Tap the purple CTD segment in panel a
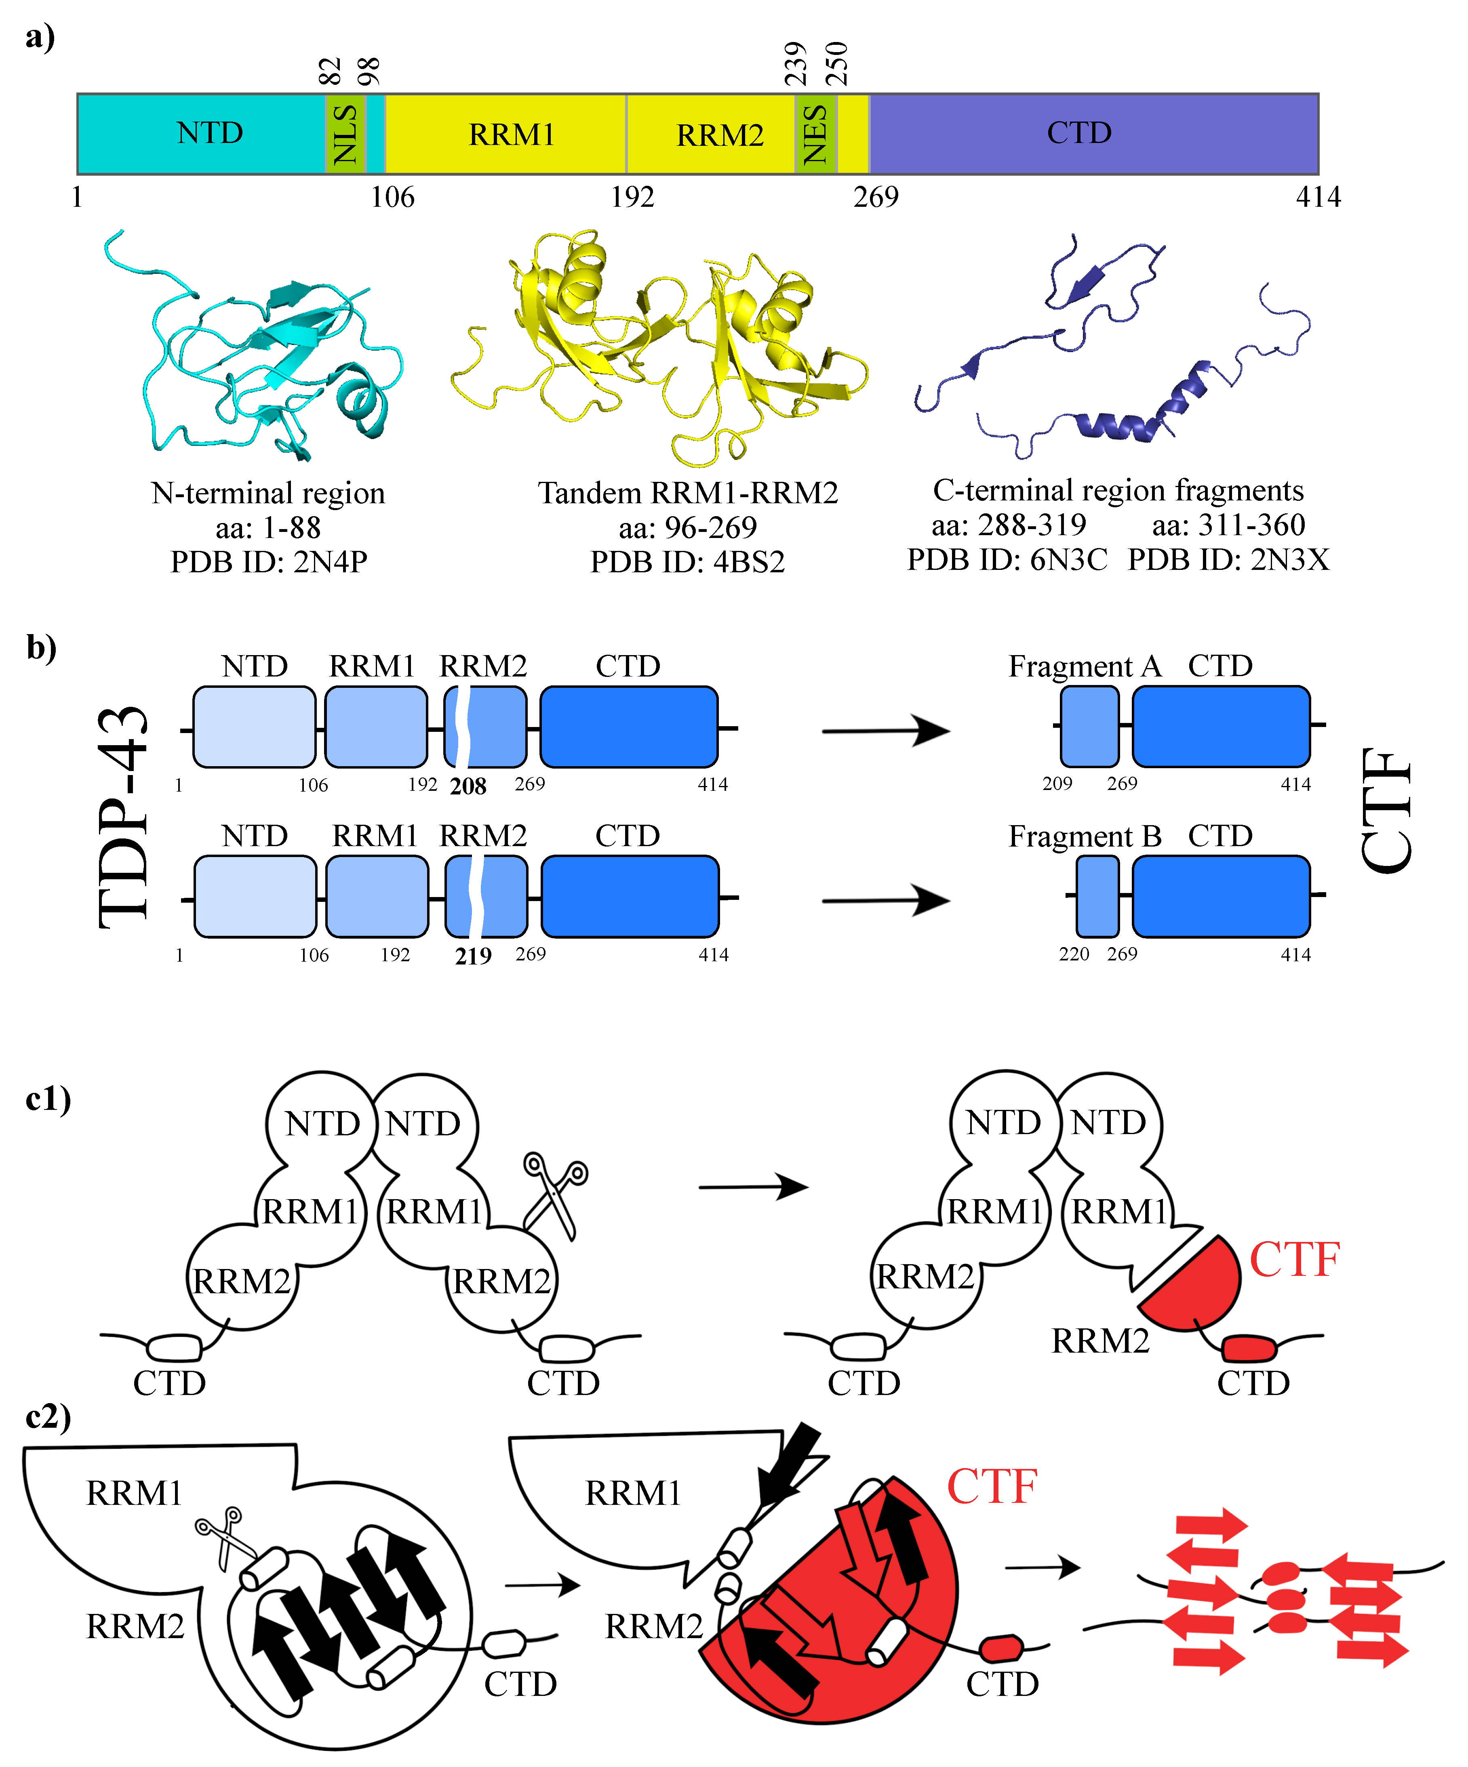click(1093, 134)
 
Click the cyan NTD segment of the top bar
click(202, 134)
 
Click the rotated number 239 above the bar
click(796, 64)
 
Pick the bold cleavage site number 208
click(468, 787)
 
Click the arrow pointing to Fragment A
click(885, 730)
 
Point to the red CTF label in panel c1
click(1294, 1260)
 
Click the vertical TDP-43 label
click(124, 816)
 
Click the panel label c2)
click(48, 1417)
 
